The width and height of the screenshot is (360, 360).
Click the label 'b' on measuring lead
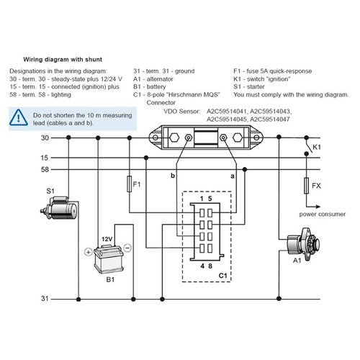[x=172, y=175]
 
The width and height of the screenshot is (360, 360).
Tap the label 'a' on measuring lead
[x=232, y=175]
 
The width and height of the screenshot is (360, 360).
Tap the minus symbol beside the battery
[x=127, y=247]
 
